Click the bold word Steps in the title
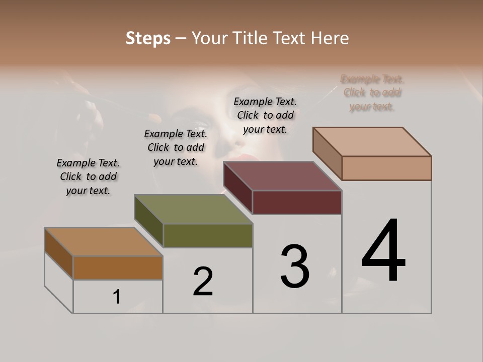[x=148, y=38]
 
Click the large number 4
[x=384, y=251]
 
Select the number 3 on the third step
[x=295, y=267]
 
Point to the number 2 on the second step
[x=203, y=282]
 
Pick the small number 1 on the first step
[x=117, y=297]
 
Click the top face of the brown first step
[x=104, y=242]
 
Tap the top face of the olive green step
[x=193, y=209]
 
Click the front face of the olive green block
[x=208, y=236]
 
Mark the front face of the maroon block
[x=297, y=203]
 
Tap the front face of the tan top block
[x=386, y=168]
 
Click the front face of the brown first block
[x=118, y=268]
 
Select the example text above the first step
[x=88, y=176]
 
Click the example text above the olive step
[x=176, y=147]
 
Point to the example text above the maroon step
[x=265, y=115]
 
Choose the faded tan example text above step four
[x=372, y=93]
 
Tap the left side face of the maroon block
[x=238, y=188]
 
